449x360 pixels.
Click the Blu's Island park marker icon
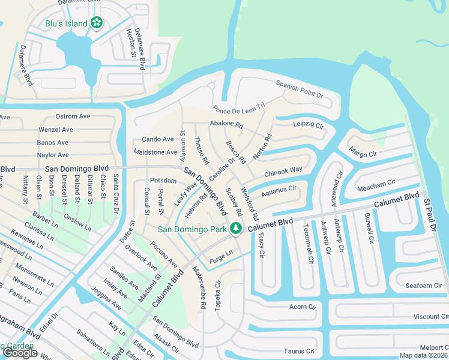97,23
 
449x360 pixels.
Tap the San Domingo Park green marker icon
237,229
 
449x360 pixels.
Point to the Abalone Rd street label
226,125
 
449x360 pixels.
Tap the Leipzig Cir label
308,125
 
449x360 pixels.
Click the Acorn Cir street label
302,307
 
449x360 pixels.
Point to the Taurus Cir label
298,351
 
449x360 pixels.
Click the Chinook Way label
283,171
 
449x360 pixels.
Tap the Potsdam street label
163,180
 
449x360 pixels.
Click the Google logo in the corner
19,353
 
